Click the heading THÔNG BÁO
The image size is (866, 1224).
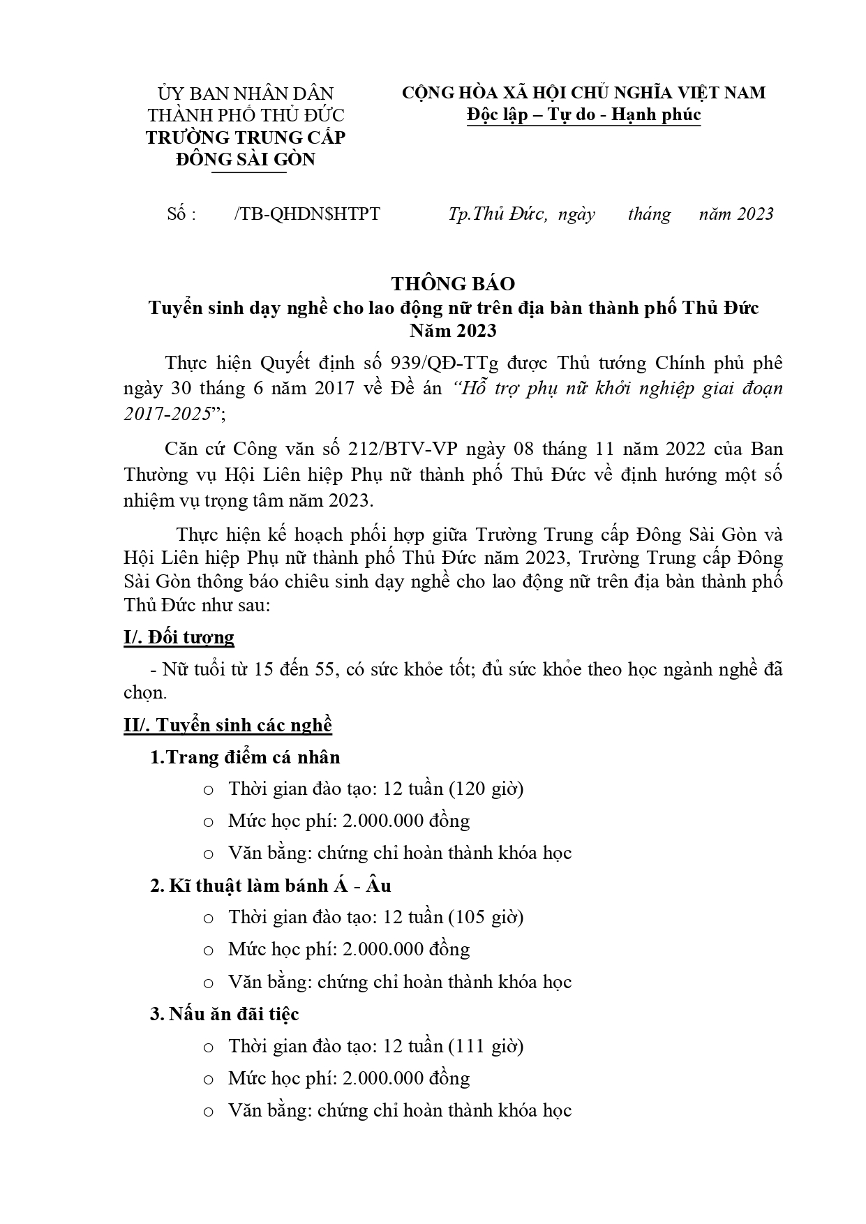click(453, 283)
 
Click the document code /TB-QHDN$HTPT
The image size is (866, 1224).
click(308, 214)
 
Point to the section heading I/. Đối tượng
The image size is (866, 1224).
click(179, 637)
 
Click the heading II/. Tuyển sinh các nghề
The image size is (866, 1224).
click(227, 725)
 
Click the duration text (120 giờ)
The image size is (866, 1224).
click(486, 789)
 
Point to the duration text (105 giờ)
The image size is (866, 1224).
click(486, 918)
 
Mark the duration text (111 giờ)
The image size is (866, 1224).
click(486, 1046)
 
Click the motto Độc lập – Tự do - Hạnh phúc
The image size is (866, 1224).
click(583, 114)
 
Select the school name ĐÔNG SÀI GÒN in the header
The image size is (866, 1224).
click(246, 159)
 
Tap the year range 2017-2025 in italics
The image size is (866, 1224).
click(167, 414)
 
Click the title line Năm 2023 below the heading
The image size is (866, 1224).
click(453, 330)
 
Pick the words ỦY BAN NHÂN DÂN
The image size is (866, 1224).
click(246, 93)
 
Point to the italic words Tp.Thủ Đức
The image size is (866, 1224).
click(498, 214)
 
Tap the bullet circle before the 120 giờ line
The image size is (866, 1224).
click(208, 791)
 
